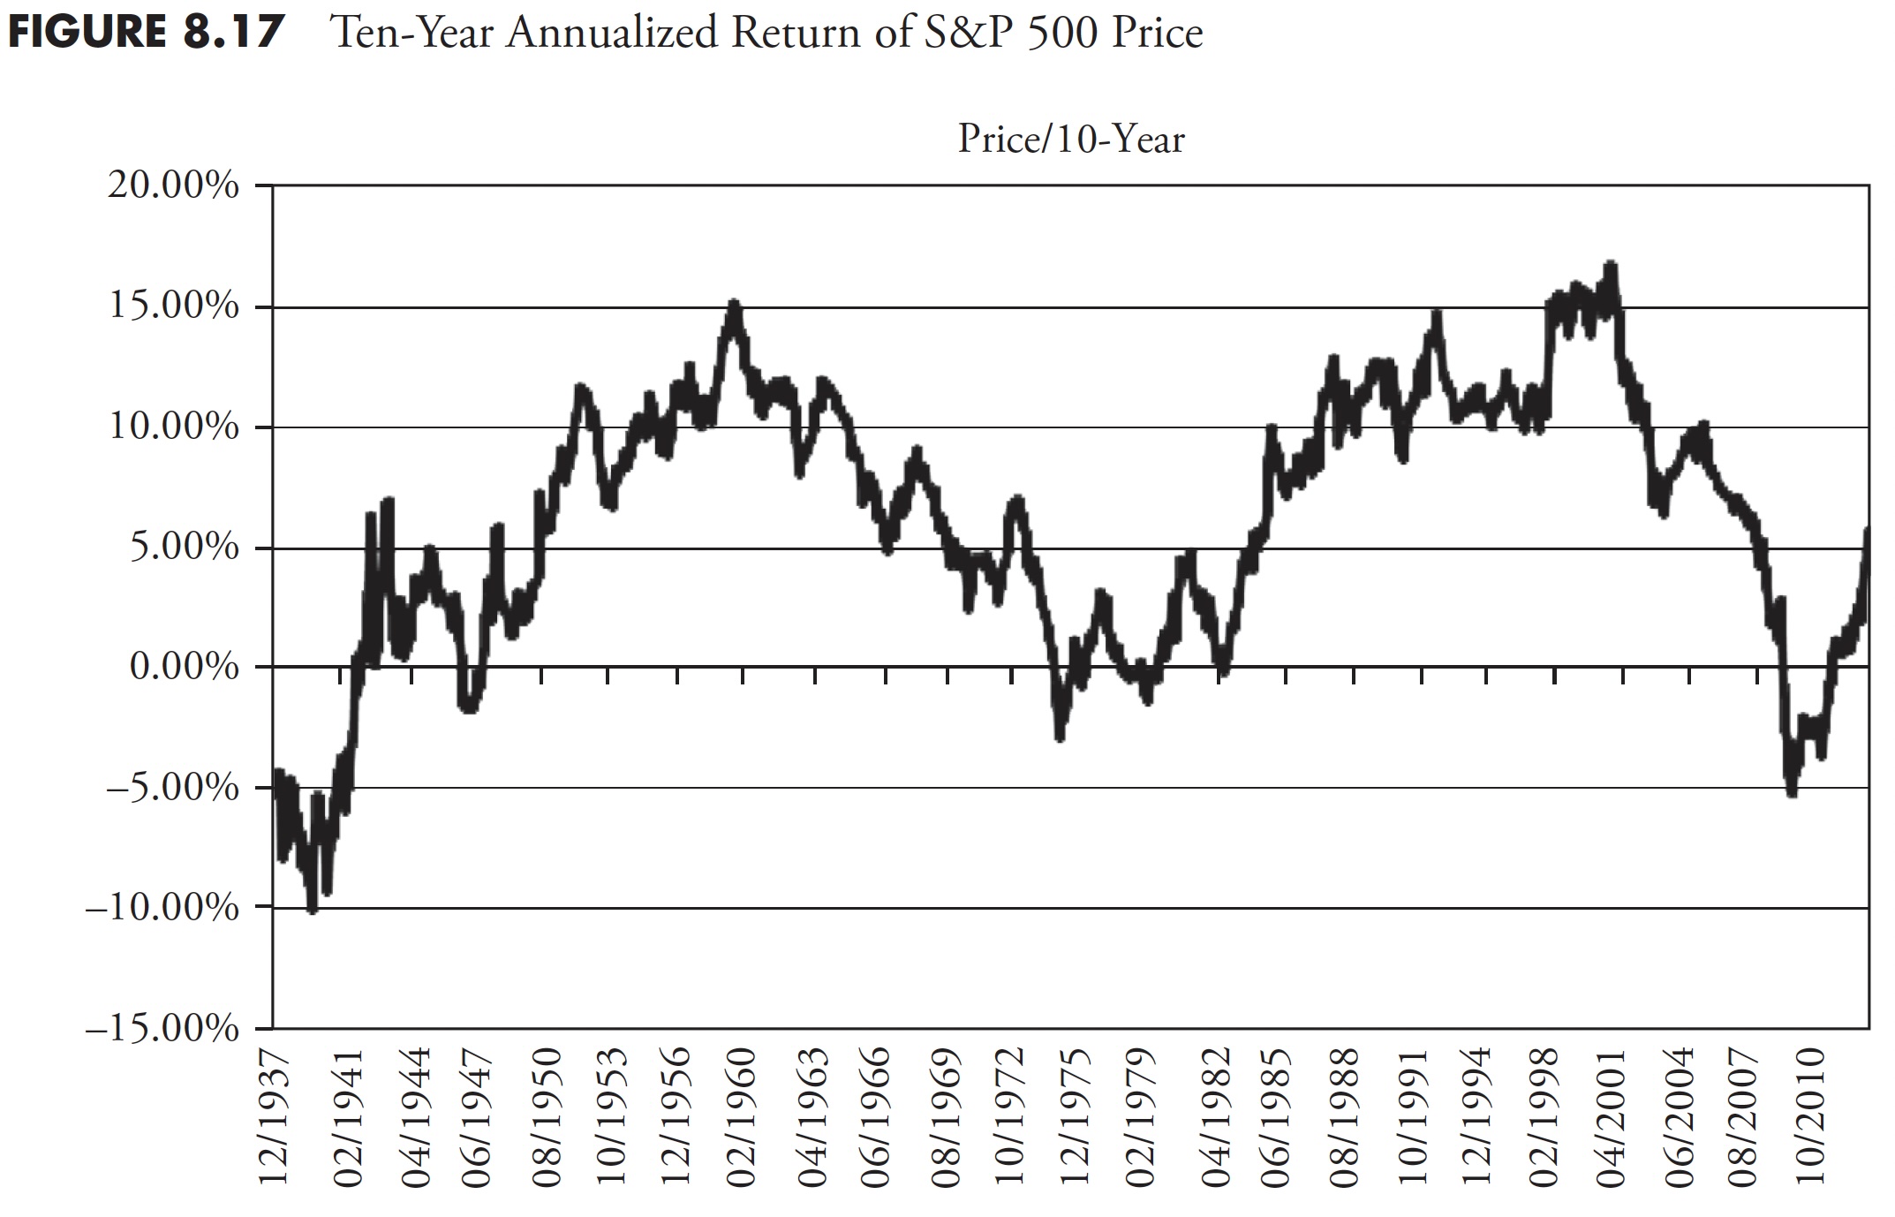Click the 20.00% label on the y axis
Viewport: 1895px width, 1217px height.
coord(173,187)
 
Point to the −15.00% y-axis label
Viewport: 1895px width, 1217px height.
coord(162,1030)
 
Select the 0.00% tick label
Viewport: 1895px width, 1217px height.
coord(184,667)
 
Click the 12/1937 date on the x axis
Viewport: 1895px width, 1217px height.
coord(275,1116)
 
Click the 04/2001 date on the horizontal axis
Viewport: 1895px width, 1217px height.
coord(1621,1116)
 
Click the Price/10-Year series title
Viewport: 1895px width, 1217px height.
coord(1071,140)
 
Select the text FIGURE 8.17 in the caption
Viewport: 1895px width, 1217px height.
coord(146,34)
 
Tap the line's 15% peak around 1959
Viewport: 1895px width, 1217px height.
coord(734,305)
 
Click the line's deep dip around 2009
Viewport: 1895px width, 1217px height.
coord(1792,792)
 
